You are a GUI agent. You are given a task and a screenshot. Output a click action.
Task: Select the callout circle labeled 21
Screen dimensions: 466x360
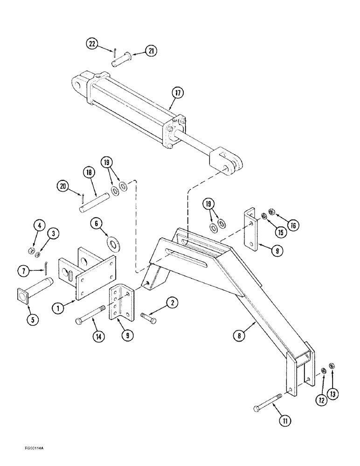151,51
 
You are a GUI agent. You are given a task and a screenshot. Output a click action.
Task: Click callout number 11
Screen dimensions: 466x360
285,421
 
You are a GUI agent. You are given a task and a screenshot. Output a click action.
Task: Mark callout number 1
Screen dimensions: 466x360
58,308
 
